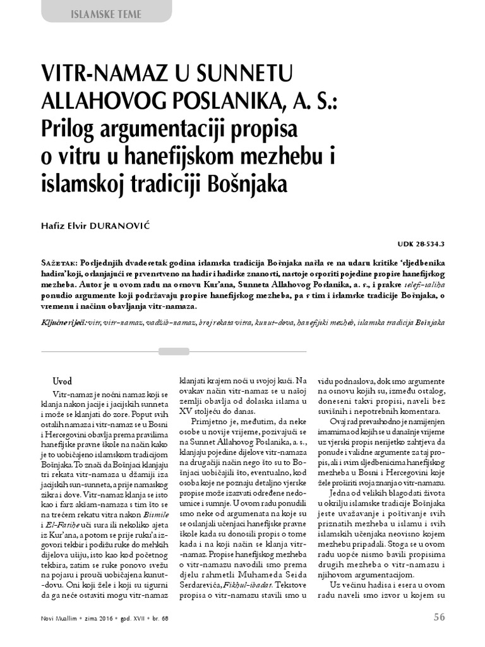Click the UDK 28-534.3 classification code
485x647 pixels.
[x=421, y=243]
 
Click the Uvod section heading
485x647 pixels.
[x=63, y=382]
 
